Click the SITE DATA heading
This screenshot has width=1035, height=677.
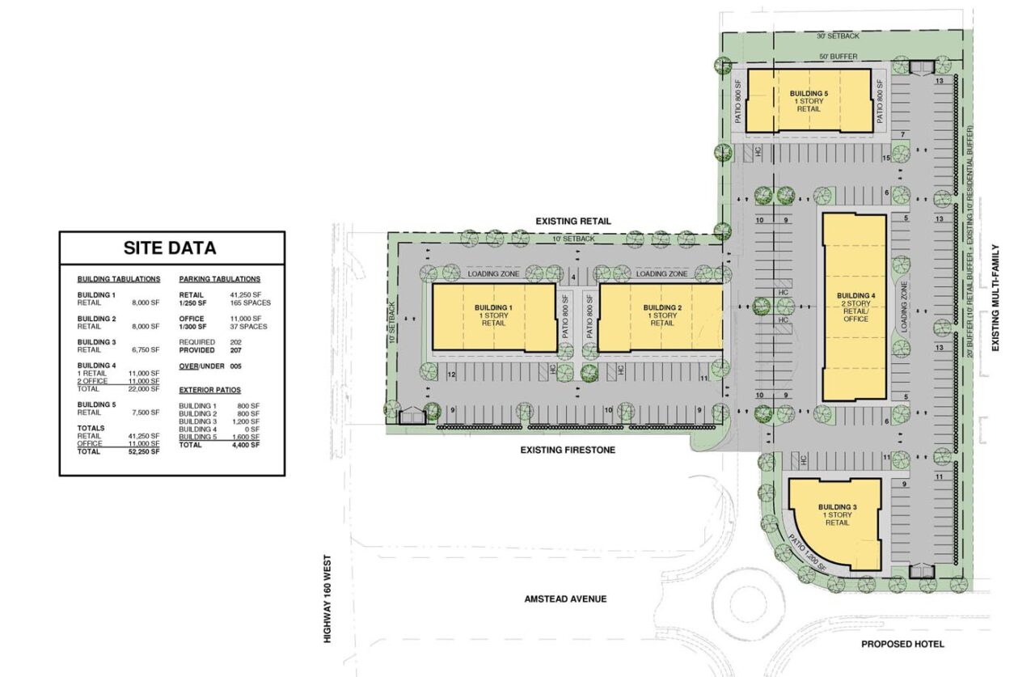[x=170, y=248]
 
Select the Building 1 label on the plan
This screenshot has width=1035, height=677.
[x=493, y=307]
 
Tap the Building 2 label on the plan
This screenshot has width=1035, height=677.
[x=661, y=307]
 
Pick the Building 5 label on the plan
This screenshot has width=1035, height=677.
[x=809, y=94]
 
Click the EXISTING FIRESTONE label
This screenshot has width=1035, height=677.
[x=568, y=450]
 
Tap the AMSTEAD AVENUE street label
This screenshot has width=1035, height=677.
[x=565, y=599]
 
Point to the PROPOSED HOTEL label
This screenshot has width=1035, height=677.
[x=902, y=644]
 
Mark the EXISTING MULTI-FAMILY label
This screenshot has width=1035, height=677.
[x=995, y=298]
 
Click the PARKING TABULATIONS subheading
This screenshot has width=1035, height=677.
[x=220, y=279]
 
